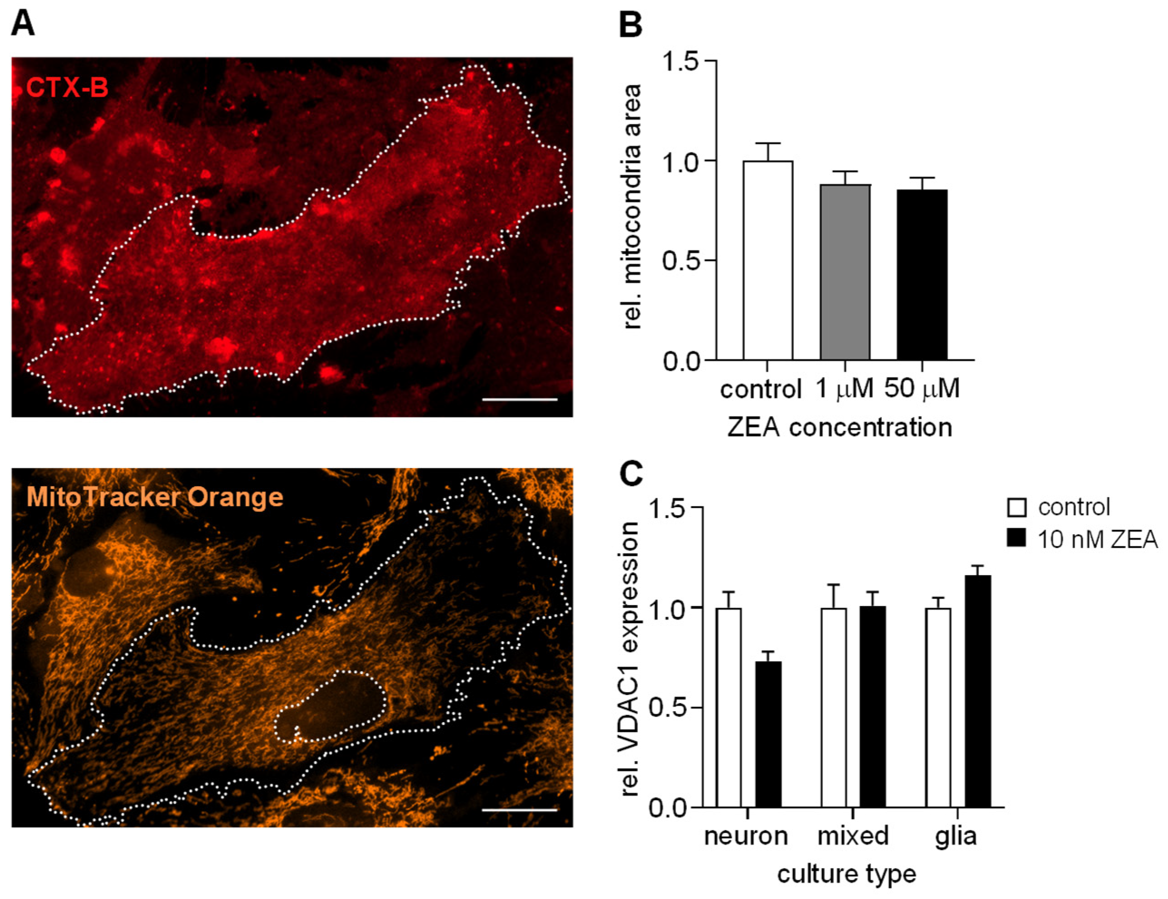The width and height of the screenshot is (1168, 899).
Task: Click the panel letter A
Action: point(23,24)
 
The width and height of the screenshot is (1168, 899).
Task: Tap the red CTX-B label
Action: point(67,87)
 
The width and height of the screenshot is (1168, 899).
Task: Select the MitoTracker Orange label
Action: point(155,497)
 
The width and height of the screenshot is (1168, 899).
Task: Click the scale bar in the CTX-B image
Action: point(519,399)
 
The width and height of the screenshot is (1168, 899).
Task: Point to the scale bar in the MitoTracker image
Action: point(519,810)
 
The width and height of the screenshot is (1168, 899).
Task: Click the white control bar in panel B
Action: point(768,261)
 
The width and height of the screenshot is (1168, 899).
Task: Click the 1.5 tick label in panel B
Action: point(680,62)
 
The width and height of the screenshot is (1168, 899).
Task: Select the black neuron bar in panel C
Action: point(768,735)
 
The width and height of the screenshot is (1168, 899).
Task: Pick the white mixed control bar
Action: point(834,708)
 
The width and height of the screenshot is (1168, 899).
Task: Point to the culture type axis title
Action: point(847,875)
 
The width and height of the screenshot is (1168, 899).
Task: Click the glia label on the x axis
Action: point(956,836)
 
